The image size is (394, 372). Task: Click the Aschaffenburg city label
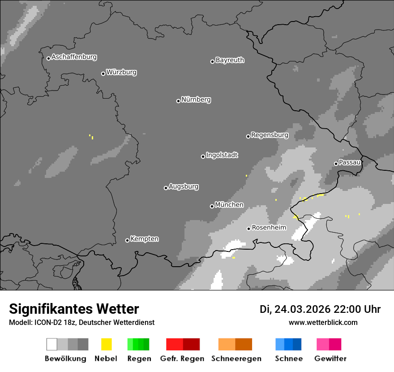pos(74,57)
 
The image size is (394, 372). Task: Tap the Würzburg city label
pos(121,73)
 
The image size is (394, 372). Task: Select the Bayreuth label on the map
pos(230,61)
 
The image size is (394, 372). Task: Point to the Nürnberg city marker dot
pos(178,101)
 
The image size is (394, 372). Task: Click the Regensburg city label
pos(270,135)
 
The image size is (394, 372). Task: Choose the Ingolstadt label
pos(222,156)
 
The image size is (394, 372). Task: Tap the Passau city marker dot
pos(336,164)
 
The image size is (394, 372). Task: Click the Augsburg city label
pos(184,187)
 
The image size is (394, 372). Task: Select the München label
pos(229,205)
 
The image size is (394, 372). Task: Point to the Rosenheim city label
pos(269,228)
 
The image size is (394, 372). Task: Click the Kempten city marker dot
pos(127,240)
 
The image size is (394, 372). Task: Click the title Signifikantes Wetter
pos(74,309)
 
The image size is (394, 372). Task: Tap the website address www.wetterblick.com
pos(323,322)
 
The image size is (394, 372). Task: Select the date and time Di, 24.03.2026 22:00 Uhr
pos(320,309)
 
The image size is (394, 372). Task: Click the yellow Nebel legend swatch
pos(107,344)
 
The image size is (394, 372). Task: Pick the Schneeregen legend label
pos(236,359)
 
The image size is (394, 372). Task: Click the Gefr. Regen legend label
pos(182,359)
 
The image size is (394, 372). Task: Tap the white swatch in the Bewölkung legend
pos(52,344)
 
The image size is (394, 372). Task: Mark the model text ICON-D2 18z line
pos(81,322)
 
